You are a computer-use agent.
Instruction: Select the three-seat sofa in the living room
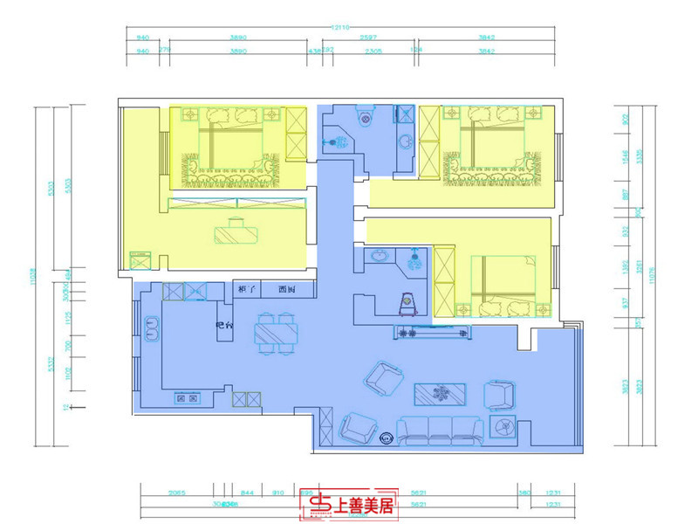441,428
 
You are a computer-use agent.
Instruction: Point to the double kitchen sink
151,327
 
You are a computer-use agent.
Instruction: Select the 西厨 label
287,289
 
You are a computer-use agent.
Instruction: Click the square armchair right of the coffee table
501,395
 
